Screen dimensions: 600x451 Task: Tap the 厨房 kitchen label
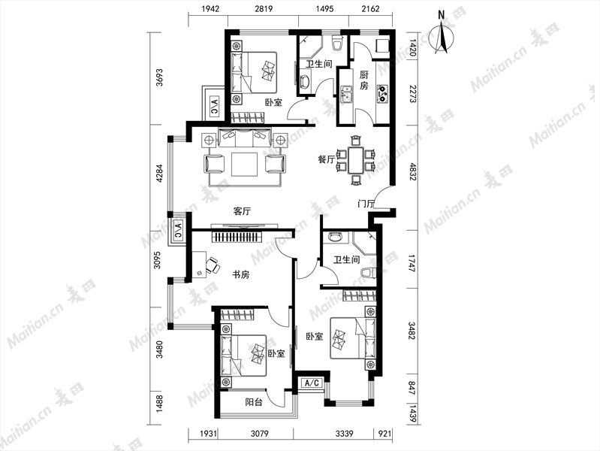pyautogui.click(x=363, y=80)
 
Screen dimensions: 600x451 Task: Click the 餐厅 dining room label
pyautogui.click(x=327, y=159)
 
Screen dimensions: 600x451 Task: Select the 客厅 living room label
pyautogui.click(x=242, y=211)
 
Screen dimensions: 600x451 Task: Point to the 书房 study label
pyautogui.click(x=242, y=274)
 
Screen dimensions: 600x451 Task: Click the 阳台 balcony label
pyautogui.click(x=254, y=402)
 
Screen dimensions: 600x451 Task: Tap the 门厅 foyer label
pyautogui.click(x=366, y=204)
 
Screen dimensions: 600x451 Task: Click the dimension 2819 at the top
pyautogui.click(x=264, y=8)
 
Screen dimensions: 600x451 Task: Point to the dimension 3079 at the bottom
pyautogui.click(x=259, y=434)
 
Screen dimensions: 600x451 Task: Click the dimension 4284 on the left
pyautogui.click(x=159, y=174)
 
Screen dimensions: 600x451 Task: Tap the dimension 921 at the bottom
pyautogui.click(x=384, y=434)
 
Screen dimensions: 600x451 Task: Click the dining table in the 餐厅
pyautogui.click(x=356, y=161)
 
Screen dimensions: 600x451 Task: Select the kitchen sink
pyautogui.click(x=347, y=95)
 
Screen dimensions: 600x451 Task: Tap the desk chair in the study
pyautogui.click(x=213, y=265)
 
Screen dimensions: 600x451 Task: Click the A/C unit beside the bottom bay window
pyautogui.click(x=312, y=383)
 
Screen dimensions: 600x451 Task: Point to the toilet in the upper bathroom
pyautogui.click(x=337, y=44)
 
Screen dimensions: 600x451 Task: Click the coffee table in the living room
pyautogui.click(x=245, y=164)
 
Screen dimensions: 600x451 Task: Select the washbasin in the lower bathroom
pyautogui.click(x=335, y=237)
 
